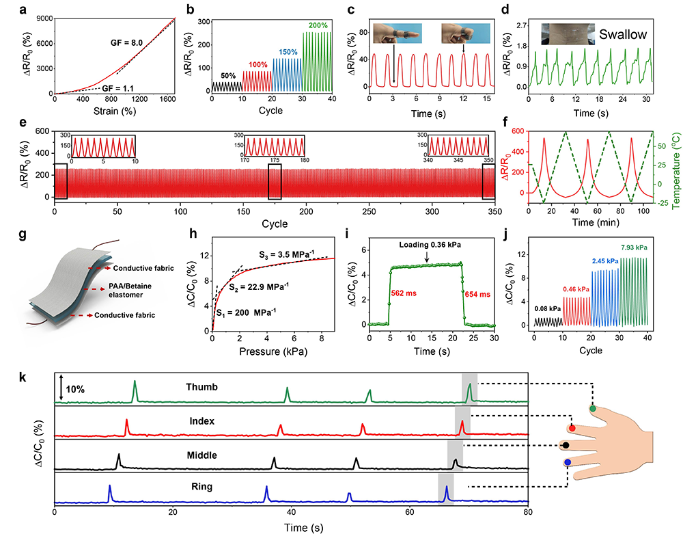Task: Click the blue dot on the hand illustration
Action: [568, 463]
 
